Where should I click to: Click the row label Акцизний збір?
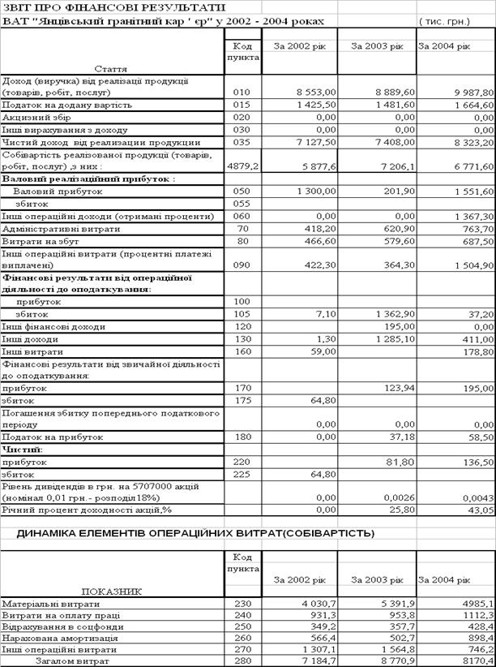click(x=36, y=118)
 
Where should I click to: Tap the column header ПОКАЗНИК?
click(x=113, y=592)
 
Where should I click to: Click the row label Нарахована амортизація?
click(x=54, y=638)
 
